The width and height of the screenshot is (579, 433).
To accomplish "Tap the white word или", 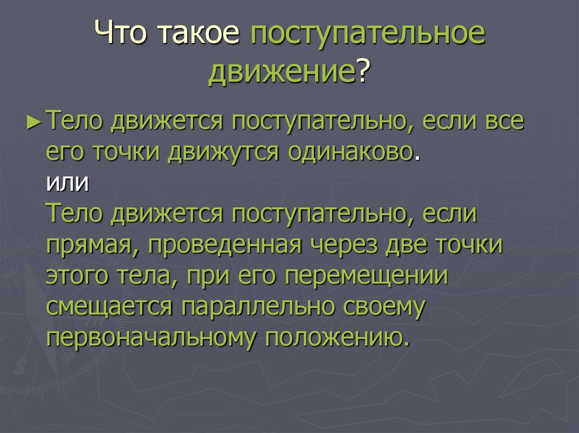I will (x=67, y=184).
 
